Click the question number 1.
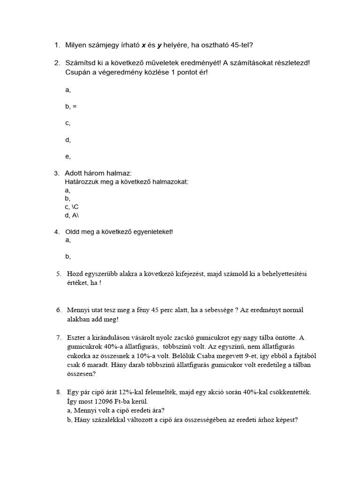point(57,45)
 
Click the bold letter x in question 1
point(143,45)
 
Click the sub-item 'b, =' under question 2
point(71,106)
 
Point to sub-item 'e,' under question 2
point(68,157)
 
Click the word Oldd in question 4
point(73,232)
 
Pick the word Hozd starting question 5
point(76,274)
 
